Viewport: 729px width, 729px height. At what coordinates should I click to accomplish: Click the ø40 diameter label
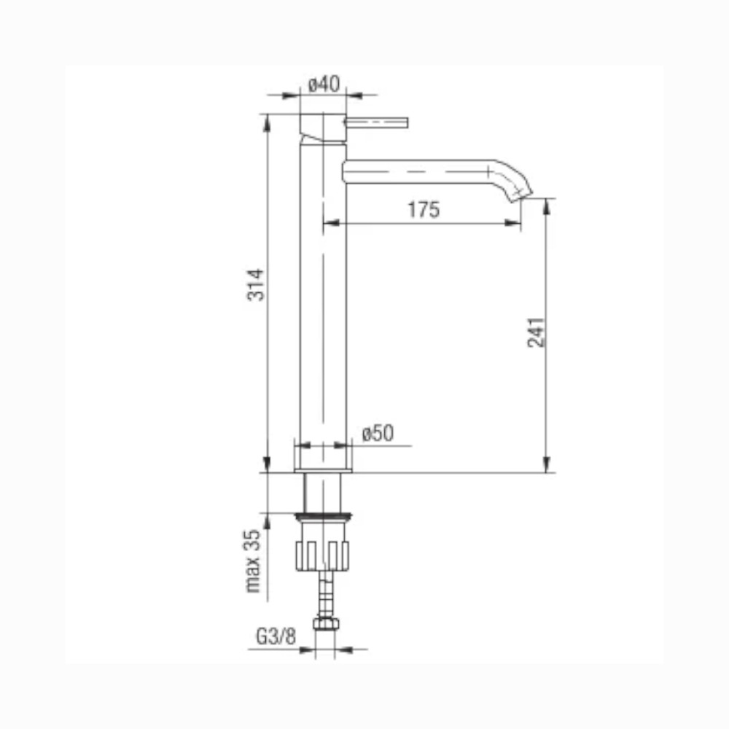324,84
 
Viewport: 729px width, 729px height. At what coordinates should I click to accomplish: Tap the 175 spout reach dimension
424,210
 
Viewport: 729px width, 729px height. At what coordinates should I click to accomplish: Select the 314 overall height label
255,284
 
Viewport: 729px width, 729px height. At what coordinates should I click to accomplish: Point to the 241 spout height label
536,332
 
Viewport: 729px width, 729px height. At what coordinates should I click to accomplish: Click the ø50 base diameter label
378,433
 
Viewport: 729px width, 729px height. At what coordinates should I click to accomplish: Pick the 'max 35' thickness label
253,561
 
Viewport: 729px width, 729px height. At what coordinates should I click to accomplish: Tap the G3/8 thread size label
276,636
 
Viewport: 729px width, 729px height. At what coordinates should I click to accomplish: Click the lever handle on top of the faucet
376,122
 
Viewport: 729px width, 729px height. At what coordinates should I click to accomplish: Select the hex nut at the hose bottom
326,623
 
